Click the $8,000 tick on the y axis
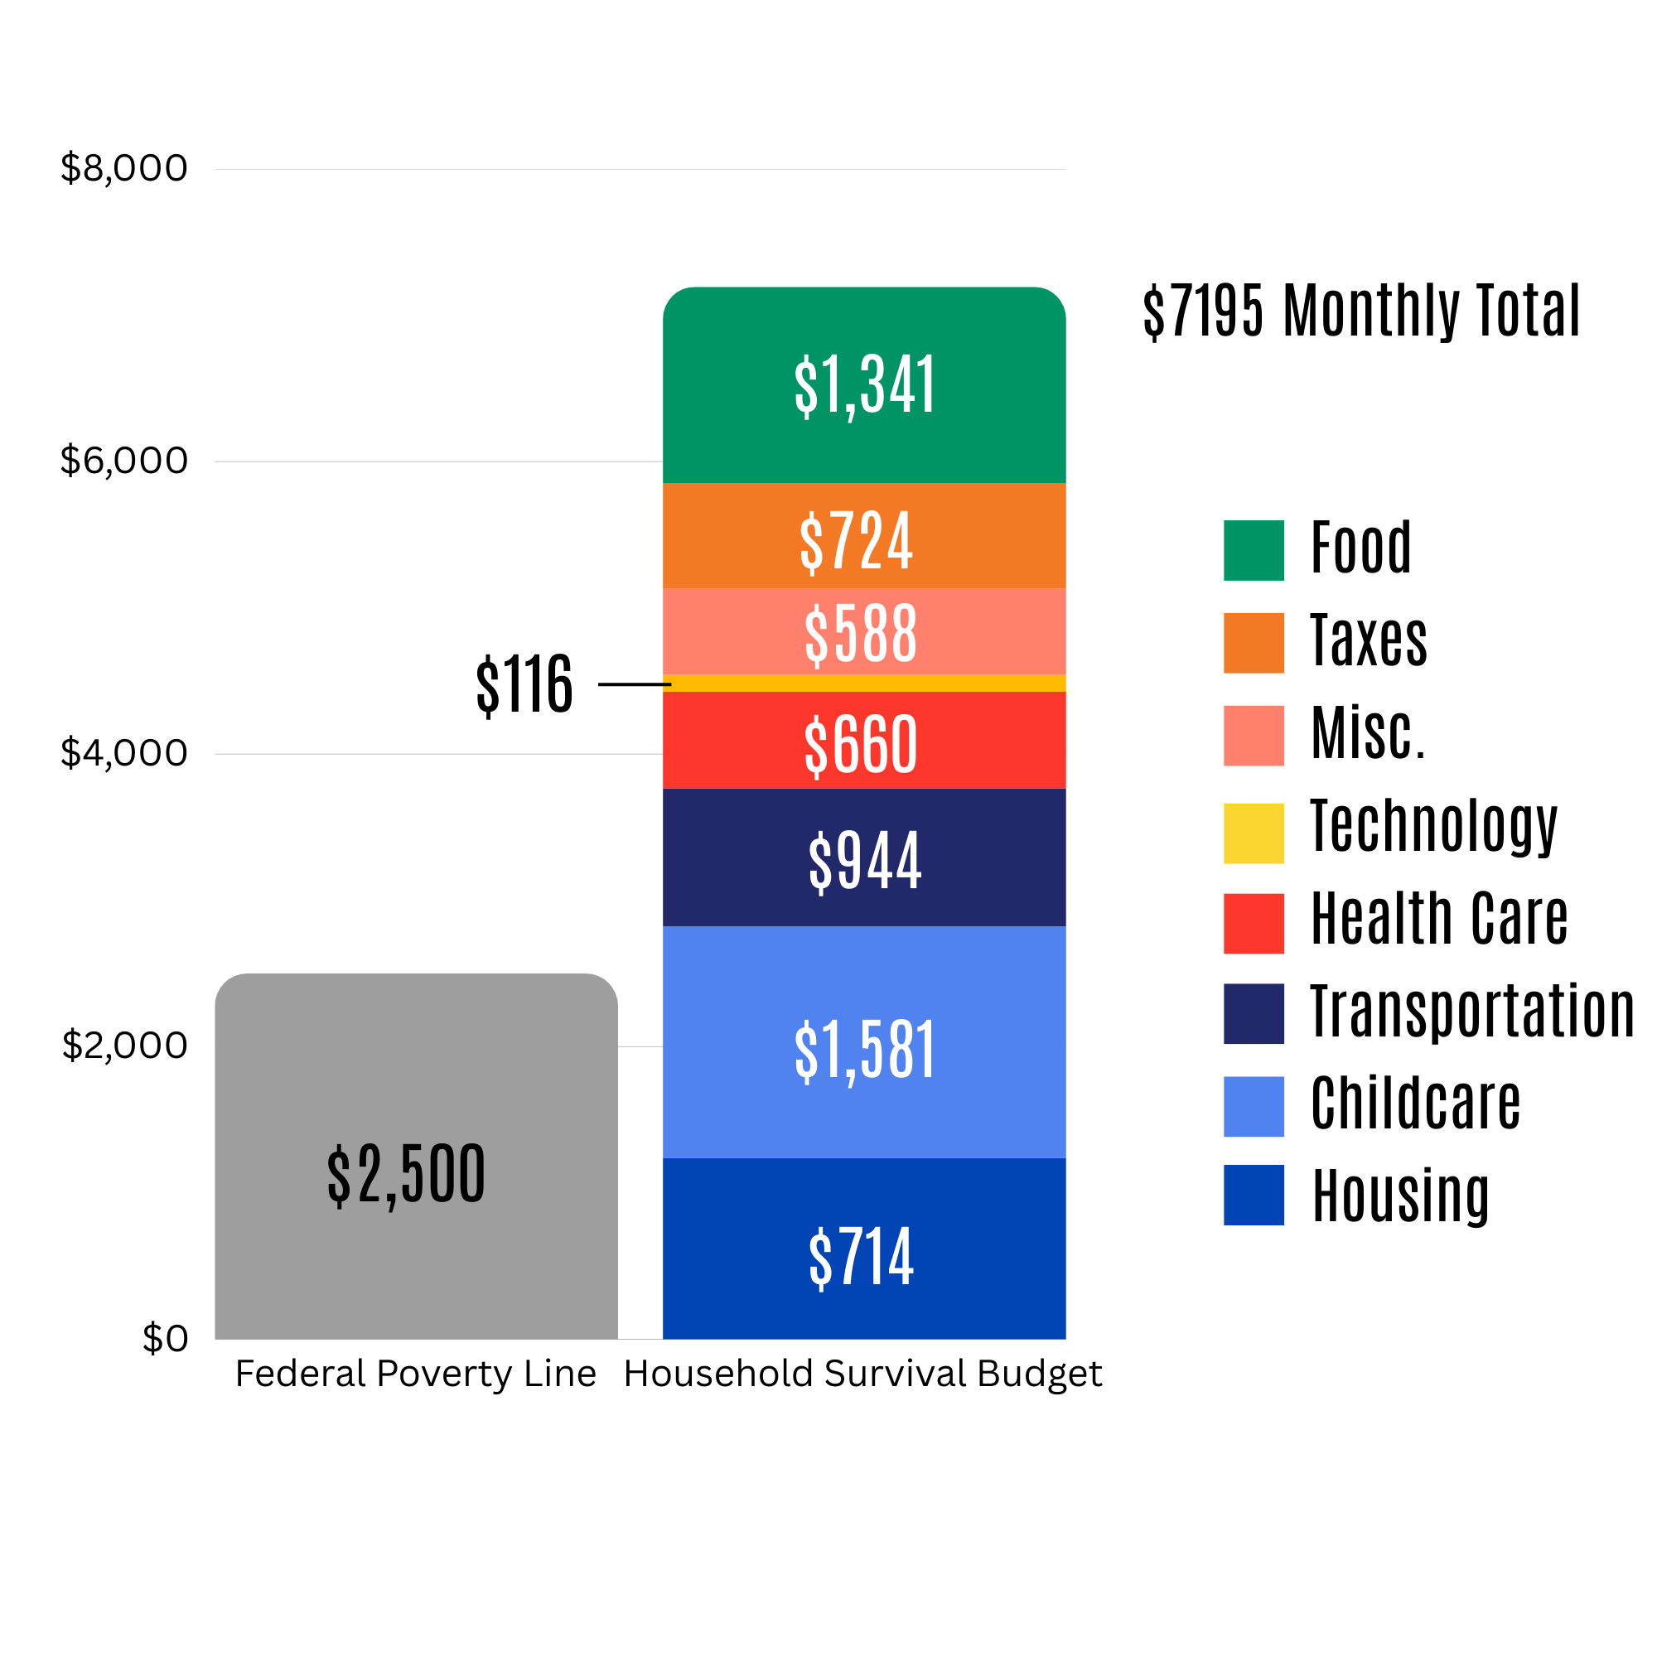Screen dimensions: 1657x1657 [x=123, y=168]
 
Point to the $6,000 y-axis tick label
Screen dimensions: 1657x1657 [x=123, y=461]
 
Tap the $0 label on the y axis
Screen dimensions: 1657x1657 [x=165, y=1338]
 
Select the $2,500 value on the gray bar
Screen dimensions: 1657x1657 [x=406, y=1175]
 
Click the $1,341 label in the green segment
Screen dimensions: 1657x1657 [x=863, y=386]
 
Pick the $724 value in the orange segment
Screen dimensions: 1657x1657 [x=856, y=541]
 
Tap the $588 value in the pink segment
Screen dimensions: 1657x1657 [x=860, y=634]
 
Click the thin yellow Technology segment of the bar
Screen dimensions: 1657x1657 [x=863, y=684]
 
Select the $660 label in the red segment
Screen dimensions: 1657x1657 [x=860, y=745]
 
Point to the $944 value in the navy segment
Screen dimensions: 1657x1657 [x=863, y=860]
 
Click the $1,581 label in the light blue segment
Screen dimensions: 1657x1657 [x=863, y=1051]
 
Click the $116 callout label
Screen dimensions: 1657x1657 [x=524, y=684]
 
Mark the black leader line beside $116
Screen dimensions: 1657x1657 [x=634, y=684]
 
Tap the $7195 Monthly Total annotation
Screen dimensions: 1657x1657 [x=1360, y=311]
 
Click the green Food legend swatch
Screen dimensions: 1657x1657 [x=1253, y=551]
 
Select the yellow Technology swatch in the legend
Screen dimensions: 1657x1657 [x=1253, y=833]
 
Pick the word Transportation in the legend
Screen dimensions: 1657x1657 [x=1471, y=1012]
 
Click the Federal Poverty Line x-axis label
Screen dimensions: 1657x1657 [x=415, y=1374]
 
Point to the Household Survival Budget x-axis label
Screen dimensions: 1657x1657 [x=862, y=1374]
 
